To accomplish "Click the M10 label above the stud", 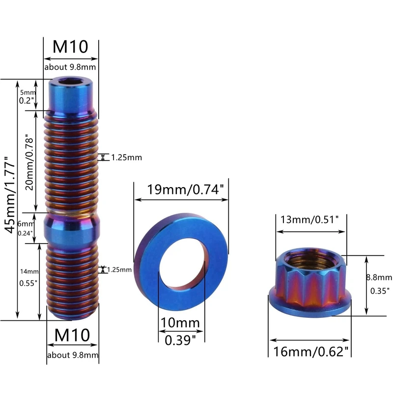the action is [x=70, y=47].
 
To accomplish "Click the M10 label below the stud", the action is [x=72, y=335].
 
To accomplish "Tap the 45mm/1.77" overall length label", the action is [x=10, y=195].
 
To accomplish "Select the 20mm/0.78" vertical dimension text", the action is [x=29, y=163].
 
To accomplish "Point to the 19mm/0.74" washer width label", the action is [x=185, y=189].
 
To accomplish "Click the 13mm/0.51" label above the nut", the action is [x=309, y=220].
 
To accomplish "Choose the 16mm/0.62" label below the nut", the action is [x=310, y=351].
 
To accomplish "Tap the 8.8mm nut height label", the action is [x=379, y=277].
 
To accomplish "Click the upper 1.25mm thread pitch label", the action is [x=127, y=157].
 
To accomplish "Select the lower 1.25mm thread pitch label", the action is [x=119, y=270].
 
